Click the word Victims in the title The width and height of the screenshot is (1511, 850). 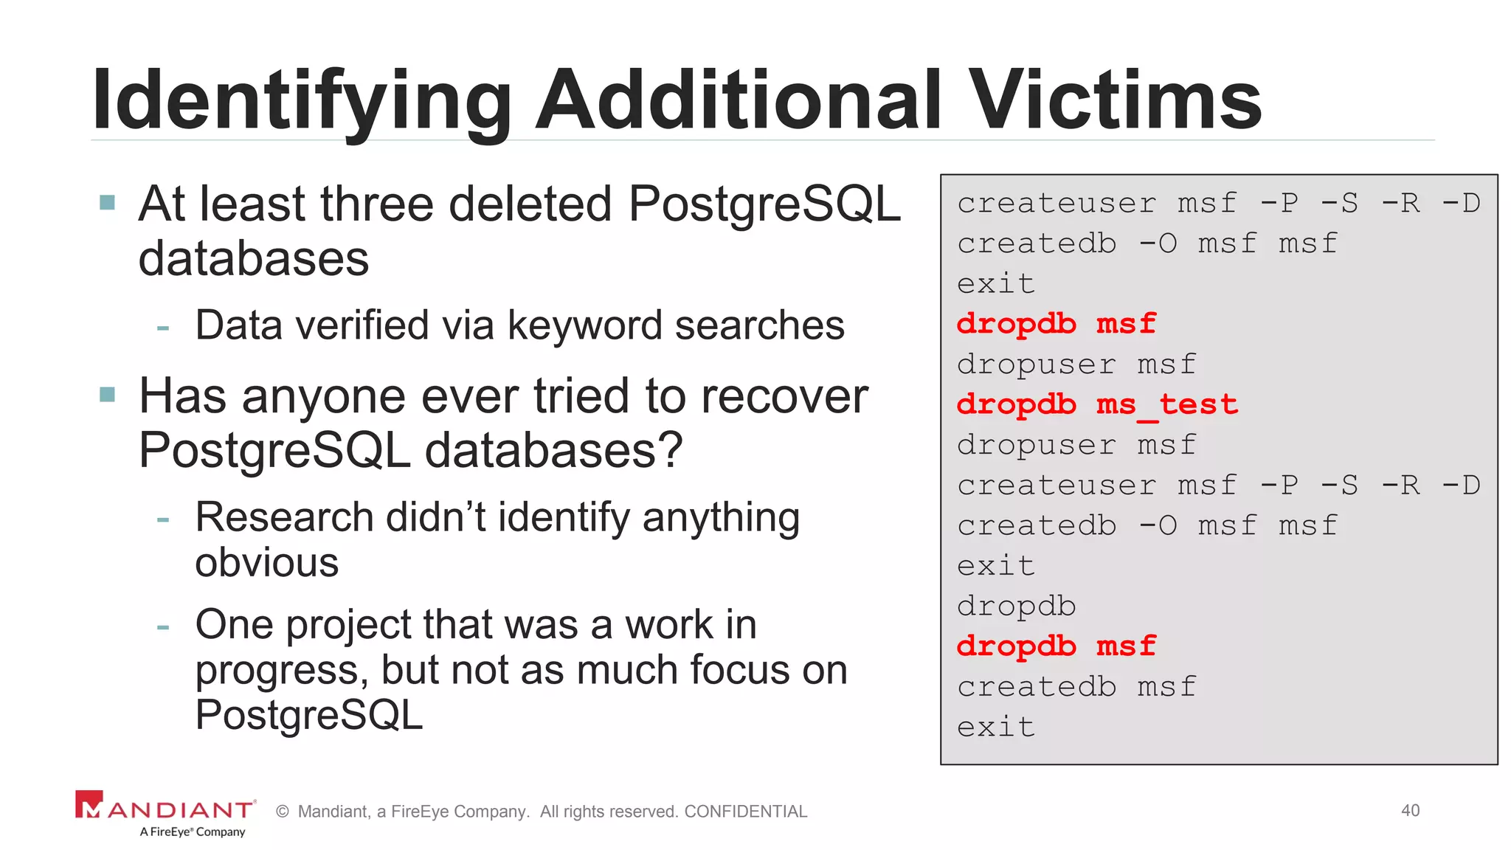[1115, 100]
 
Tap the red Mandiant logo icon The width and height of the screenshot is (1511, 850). [89, 805]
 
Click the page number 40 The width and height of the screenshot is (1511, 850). [1410, 810]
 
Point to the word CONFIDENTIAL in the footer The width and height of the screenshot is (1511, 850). [745, 812]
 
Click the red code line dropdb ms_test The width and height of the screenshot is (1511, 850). [1096, 404]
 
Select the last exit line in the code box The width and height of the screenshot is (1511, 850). [995, 728]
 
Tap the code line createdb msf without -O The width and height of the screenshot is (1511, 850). [1076, 687]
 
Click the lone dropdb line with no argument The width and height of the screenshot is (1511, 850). [1016, 607]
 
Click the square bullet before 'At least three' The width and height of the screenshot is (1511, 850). [108, 202]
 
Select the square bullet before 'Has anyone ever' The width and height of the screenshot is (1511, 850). [108, 395]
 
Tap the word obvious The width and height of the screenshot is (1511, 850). [266, 563]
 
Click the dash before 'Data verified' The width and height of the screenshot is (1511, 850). [163, 327]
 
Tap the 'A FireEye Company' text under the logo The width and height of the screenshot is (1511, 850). [192, 832]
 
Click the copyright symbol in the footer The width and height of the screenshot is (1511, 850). [282, 812]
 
